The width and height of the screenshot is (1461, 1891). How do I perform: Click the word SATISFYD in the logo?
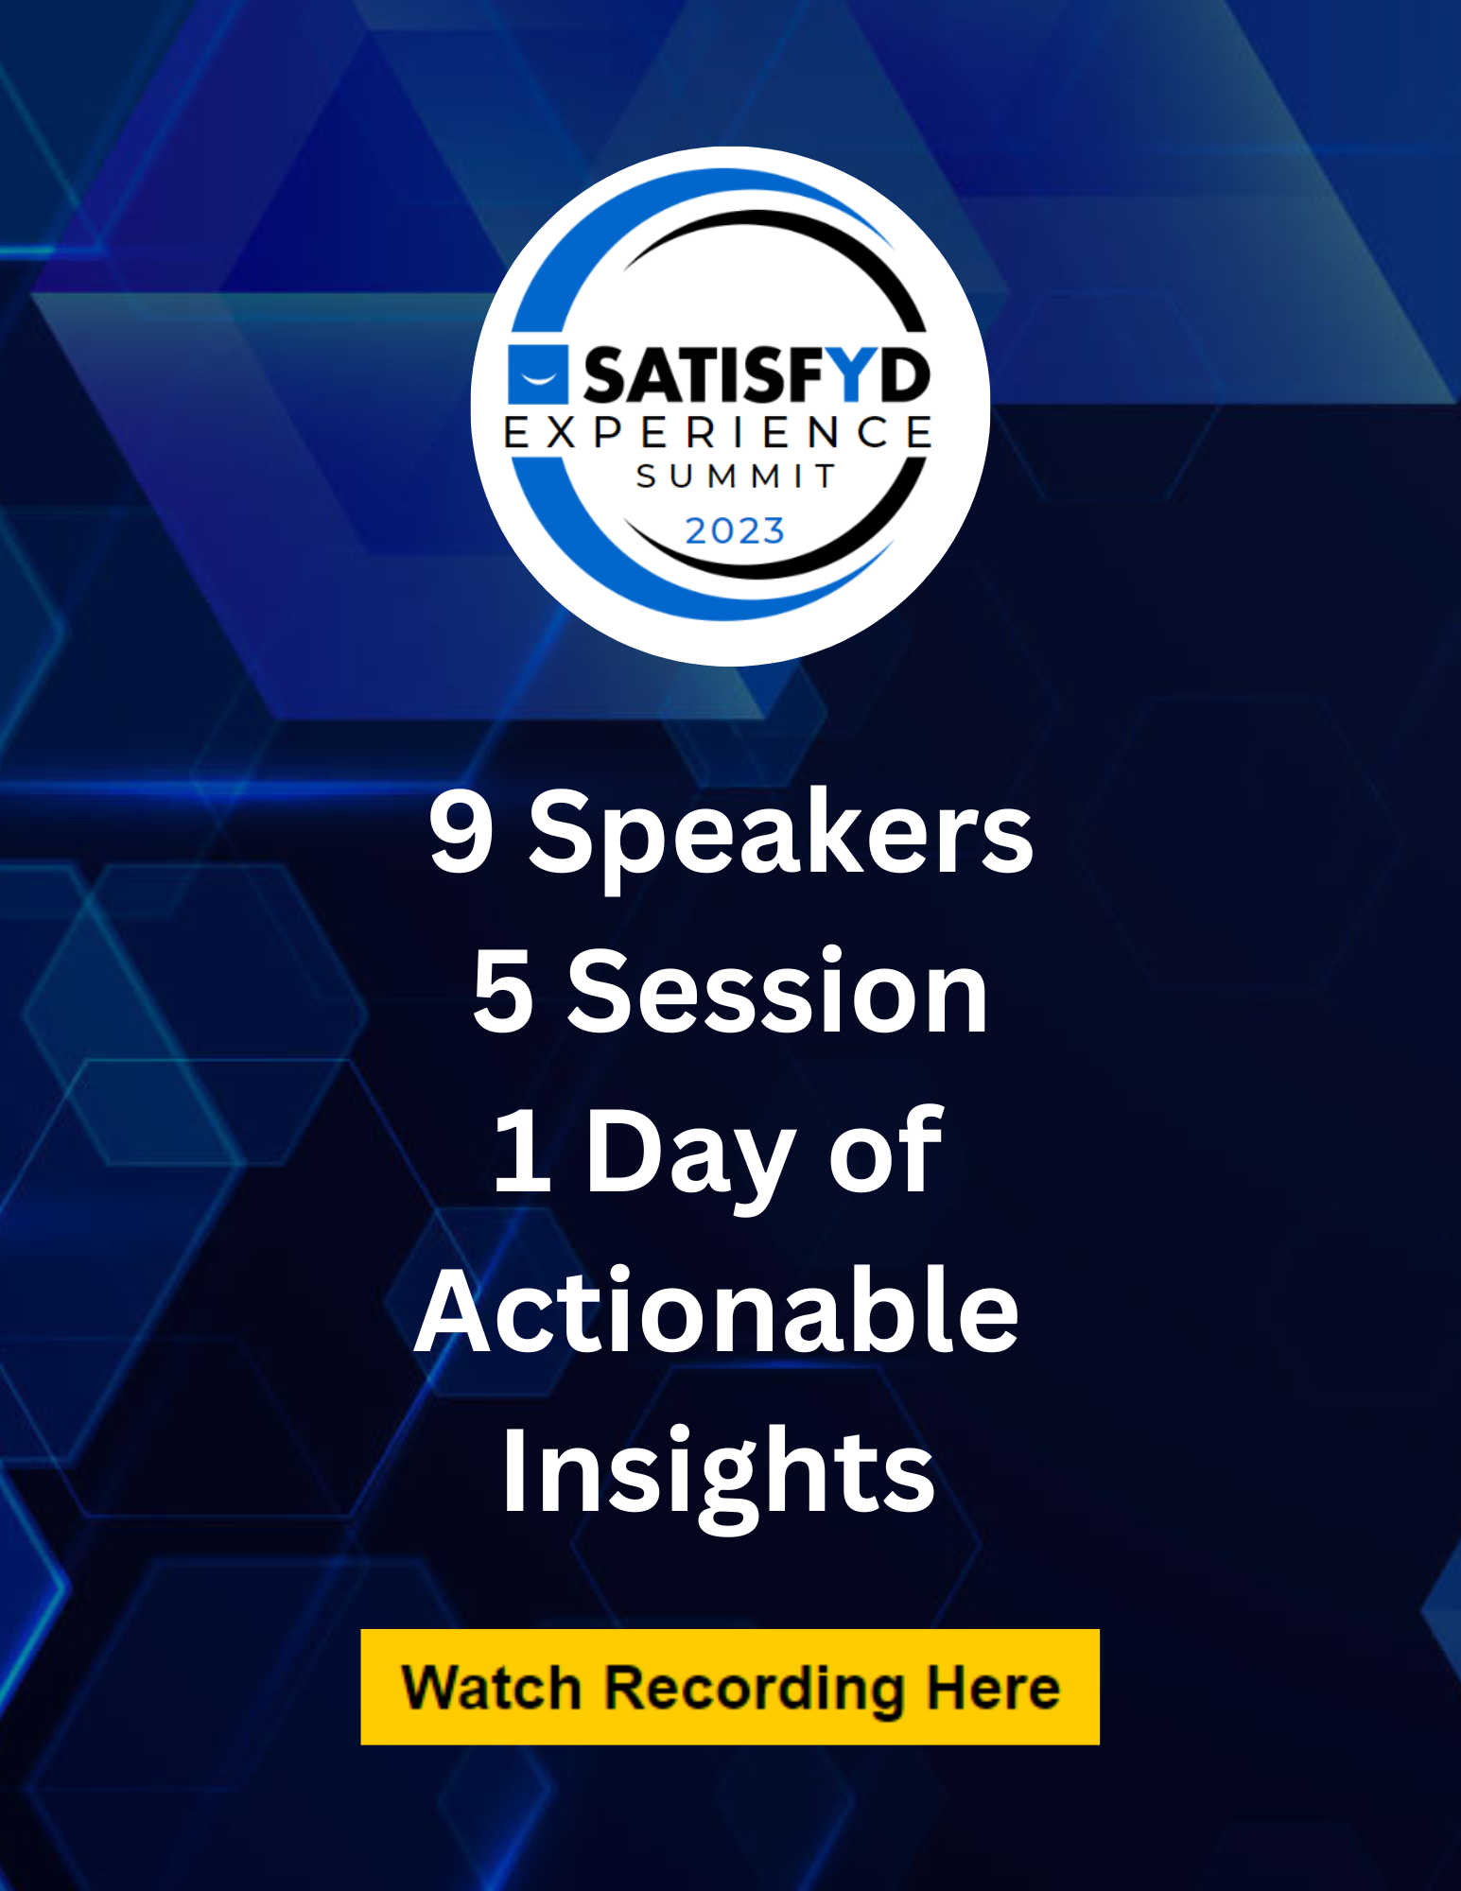[756, 374]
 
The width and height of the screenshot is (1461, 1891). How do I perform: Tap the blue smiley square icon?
[538, 374]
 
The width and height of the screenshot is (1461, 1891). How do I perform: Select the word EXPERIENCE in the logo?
[719, 432]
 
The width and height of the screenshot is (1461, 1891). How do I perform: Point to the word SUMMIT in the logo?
[736, 476]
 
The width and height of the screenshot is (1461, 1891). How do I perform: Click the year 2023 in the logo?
[735, 531]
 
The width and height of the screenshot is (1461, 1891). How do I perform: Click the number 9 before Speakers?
[461, 830]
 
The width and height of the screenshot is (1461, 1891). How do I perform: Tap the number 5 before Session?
[503, 991]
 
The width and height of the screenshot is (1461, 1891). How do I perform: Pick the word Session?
[777, 990]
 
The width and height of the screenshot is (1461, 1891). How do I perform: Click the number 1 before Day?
[523, 1150]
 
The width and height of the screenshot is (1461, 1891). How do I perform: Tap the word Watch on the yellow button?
[491, 1688]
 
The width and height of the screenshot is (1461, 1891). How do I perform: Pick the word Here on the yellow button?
[993, 1688]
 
